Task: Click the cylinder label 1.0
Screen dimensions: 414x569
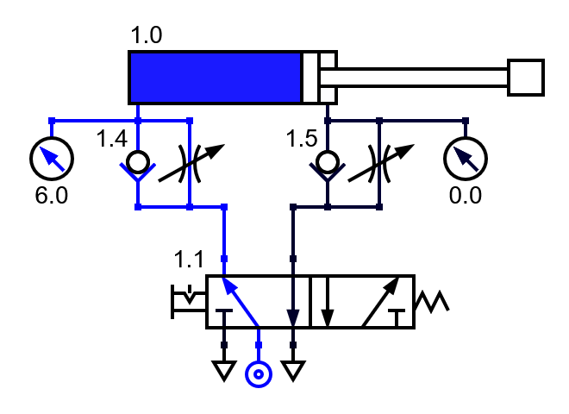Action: [x=146, y=36]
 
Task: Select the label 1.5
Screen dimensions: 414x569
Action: [x=303, y=139]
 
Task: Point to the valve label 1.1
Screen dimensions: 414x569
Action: [x=190, y=258]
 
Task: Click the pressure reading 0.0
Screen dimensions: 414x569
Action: [x=465, y=195]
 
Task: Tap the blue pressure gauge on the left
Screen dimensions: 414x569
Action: [x=52, y=158]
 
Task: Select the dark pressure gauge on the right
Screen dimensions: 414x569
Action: [x=465, y=158]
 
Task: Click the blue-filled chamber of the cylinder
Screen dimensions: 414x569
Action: [x=215, y=78]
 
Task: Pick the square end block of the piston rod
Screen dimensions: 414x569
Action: [x=525, y=78]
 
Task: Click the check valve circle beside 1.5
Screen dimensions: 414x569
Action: [x=328, y=161]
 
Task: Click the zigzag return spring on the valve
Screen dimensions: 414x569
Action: [x=431, y=302]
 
